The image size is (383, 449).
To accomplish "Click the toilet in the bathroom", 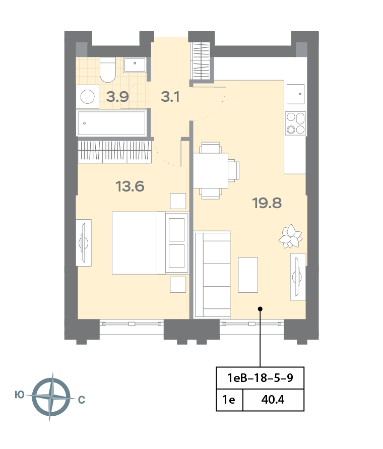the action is pyautogui.click(x=108, y=70).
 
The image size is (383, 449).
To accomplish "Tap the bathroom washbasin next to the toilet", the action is pyautogui.click(x=135, y=65).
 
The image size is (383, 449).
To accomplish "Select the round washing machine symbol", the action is pyautogui.click(x=88, y=97).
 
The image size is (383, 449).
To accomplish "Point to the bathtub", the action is pyautogui.click(x=112, y=123).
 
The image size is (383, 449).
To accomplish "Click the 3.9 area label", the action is pyautogui.click(x=117, y=97).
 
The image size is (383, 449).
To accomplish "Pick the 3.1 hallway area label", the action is pyautogui.click(x=170, y=97).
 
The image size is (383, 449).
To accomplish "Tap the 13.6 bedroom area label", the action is pyautogui.click(x=130, y=186).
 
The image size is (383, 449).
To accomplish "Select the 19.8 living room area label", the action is pyautogui.click(x=267, y=203).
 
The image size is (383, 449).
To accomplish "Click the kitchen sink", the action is pyautogui.click(x=296, y=94).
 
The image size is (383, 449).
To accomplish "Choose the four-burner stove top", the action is pyautogui.click(x=296, y=123).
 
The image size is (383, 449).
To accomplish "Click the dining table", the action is pyautogui.click(x=211, y=171).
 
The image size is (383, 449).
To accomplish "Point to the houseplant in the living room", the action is pyautogui.click(x=290, y=236).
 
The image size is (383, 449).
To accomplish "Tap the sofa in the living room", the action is pyautogui.click(x=212, y=275).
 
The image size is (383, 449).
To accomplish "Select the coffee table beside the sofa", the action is pyautogui.click(x=248, y=275).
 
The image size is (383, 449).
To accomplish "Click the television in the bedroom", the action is pyautogui.click(x=84, y=243).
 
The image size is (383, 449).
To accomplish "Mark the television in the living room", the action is pyautogui.click(x=298, y=277).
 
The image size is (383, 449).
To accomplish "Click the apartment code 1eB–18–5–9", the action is pyautogui.click(x=260, y=378).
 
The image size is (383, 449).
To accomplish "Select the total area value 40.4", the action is pyautogui.click(x=273, y=400).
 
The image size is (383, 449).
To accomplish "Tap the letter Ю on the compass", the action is pyautogui.click(x=20, y=395).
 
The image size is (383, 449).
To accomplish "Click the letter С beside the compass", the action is pyautogui.click(x=82, y=400).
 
